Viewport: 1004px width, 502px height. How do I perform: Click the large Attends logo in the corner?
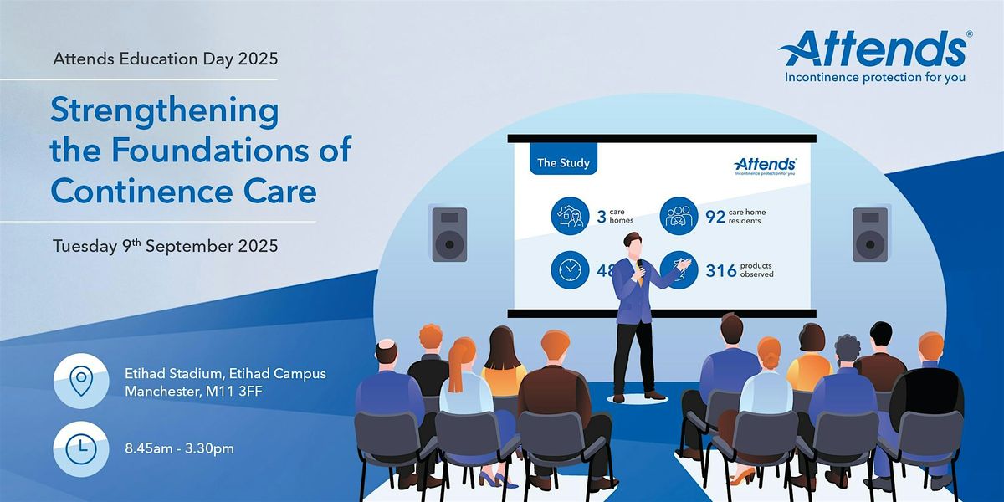click(x=875, y=57)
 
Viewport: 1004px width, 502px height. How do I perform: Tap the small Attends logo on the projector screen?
click(x=765, y=166)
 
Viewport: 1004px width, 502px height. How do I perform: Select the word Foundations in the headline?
click(x=210, y=149)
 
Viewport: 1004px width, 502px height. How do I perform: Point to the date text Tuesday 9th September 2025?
click(x=166, y=246)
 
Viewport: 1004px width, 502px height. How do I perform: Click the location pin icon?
click(x=81, y=381)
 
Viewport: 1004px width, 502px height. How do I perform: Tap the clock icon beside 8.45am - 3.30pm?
click(x=81, y=448)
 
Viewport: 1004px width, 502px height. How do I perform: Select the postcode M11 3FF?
click(x=233, y=392)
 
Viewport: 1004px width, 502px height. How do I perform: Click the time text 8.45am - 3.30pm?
click(x=179, y=448)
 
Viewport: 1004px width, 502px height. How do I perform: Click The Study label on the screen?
click(x=563, y=162)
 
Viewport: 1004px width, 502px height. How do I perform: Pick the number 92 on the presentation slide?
click(x=715, y=217)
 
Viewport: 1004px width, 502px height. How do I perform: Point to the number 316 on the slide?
click(x=721, y=271)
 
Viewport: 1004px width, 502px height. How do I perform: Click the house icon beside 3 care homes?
click(x=570, y=216)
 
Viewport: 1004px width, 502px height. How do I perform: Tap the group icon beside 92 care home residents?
click(x=679, y=216)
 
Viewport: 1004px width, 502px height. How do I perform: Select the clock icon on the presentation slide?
click(x=570, y=269)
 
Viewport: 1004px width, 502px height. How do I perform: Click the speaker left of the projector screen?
click(x=449, y=234)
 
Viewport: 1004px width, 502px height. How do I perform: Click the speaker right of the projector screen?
click(x=870, y=234)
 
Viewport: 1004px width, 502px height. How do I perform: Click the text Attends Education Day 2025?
click(x=166, y=59)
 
